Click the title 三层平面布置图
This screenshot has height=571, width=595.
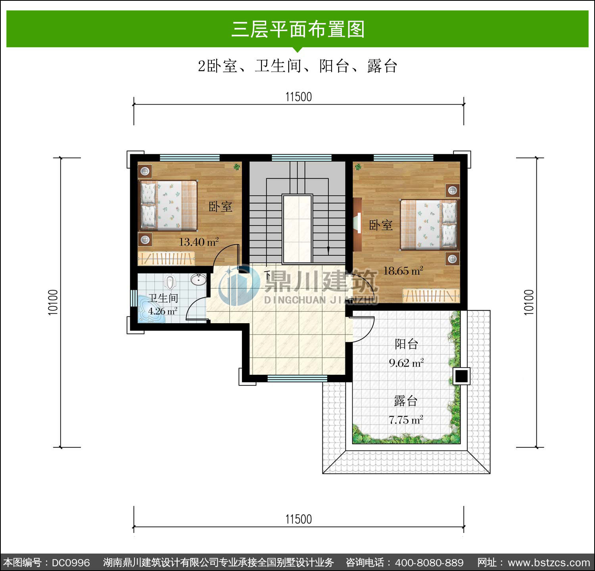click(298, 29)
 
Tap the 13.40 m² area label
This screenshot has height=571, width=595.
click(199, 242)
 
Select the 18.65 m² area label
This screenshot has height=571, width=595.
click(403, 271)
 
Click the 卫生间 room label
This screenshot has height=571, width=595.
click(163, 298)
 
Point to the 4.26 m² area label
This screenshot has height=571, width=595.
click(163, 311)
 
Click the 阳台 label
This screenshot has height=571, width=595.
click(406, 344)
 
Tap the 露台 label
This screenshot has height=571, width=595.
click(405, 401)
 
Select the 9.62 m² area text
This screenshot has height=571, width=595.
click(406, 363)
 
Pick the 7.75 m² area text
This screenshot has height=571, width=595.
click(406, 420)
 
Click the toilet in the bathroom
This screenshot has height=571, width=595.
click(170, 282)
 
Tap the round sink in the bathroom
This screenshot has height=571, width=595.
click(198, 280)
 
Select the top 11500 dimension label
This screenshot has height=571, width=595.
click(299, 97)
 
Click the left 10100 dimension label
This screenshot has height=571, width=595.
click(53, 302)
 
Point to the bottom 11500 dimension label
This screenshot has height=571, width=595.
click(299, 519)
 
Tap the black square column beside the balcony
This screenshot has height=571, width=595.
click(461, 376)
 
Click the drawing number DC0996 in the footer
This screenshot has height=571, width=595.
click(71, 563)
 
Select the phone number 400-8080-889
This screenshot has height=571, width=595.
click(430, 563)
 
